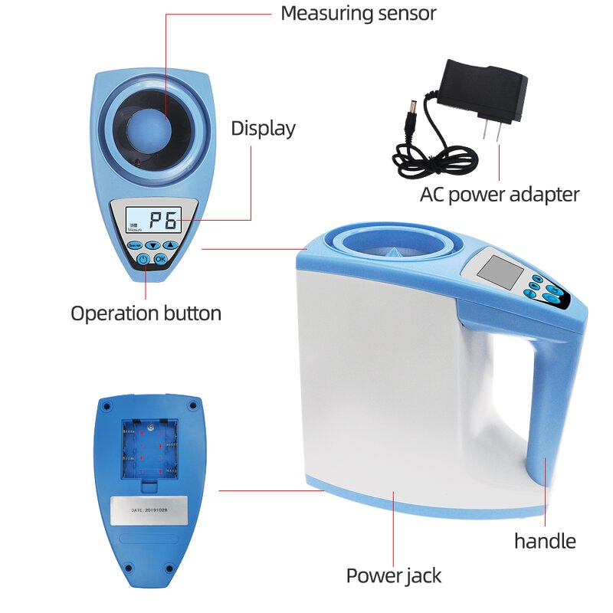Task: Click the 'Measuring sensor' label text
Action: pyautogui.click(x=358, y=13)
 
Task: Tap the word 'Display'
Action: pyautogui.click(x=263, y=129)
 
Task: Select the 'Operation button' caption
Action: pyautogui.click(x=146, y=313)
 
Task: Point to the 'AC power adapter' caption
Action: pyautogui.click(x=499, y=195)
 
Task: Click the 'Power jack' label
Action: pyautogui.click(x=394, y=575)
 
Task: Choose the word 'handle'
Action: pyautogui.click(x=545, y=541)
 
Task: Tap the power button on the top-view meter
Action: pyautogui.click(x=143, y=260)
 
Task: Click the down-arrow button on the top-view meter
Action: pyautogui.click(x=153, y=245)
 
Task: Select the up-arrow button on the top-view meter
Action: pyautogui.click(x=170, y=245)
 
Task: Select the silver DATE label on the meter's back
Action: pyautogui.click(x=149, y=510)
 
